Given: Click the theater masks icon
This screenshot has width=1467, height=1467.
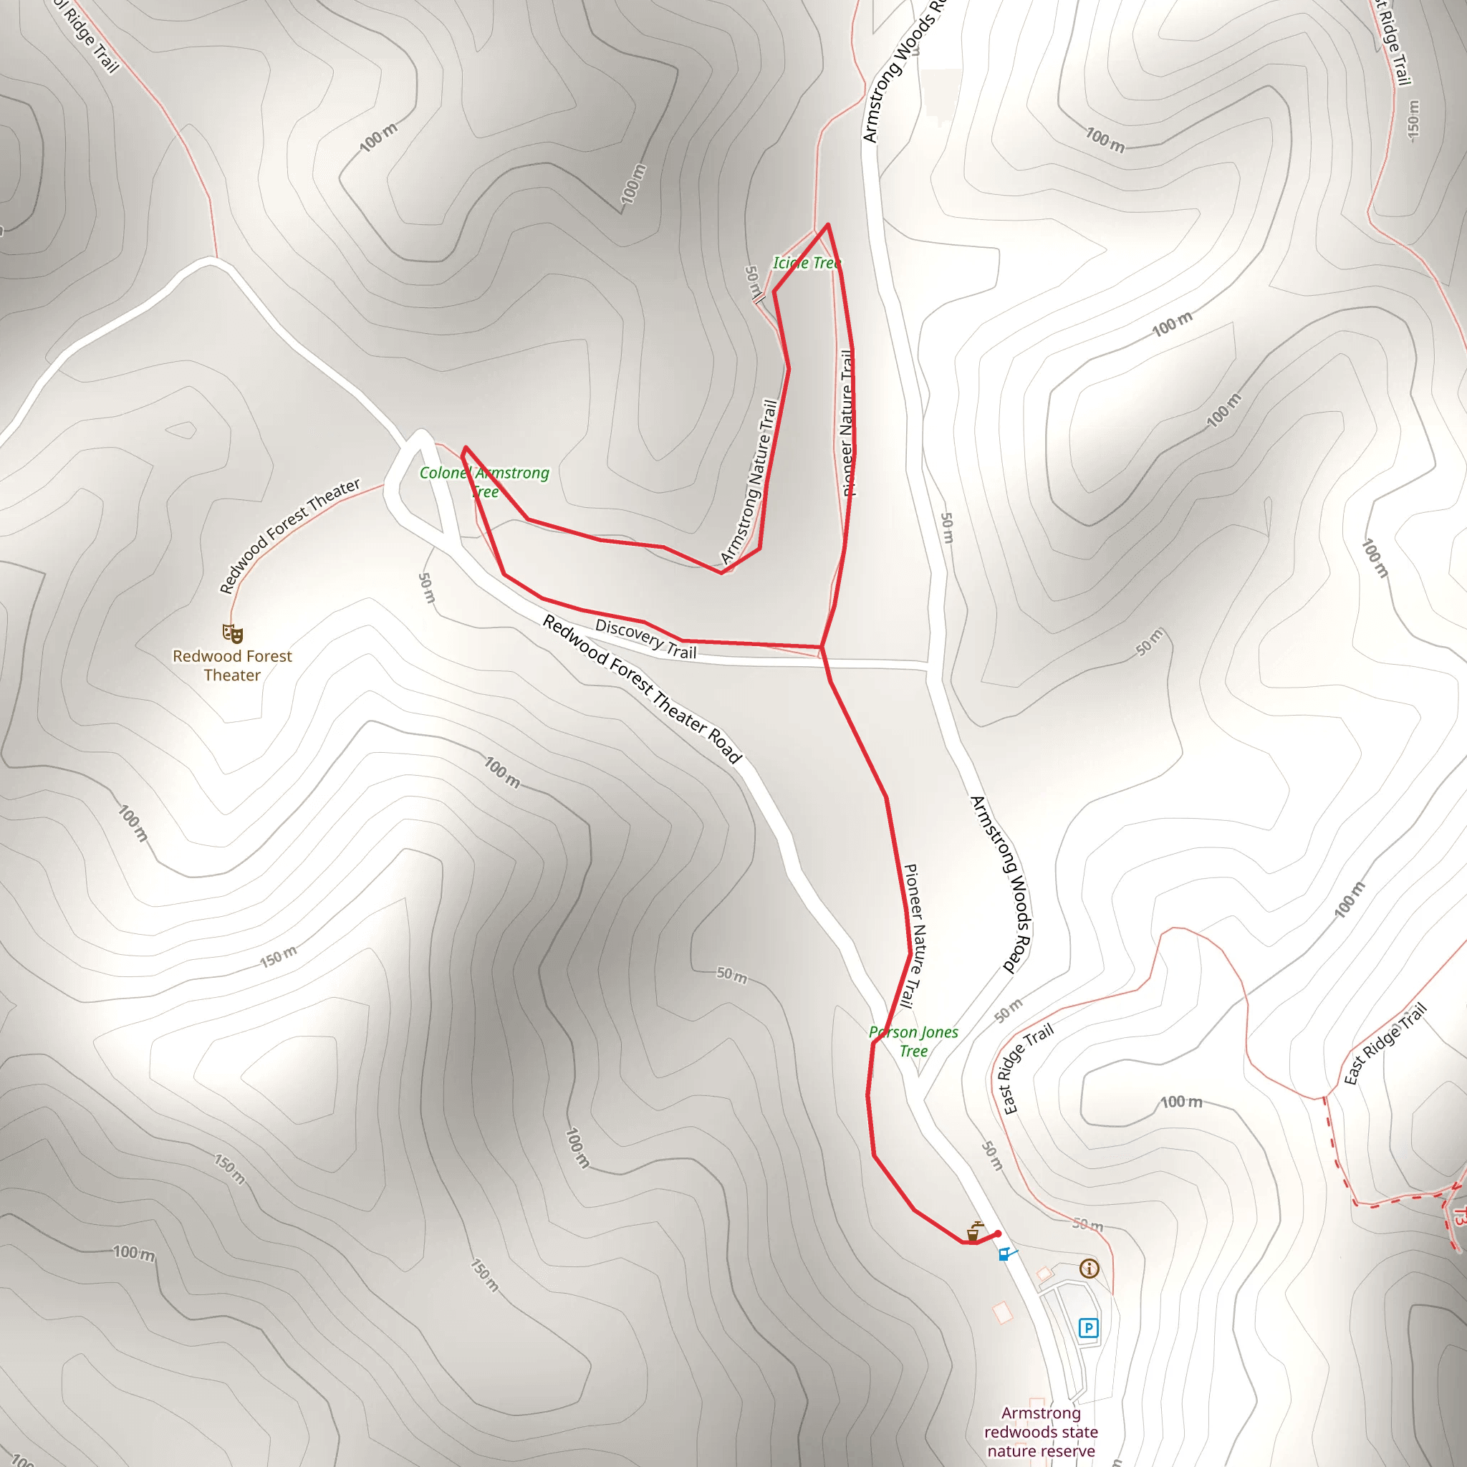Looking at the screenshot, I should click(x=232, y=633).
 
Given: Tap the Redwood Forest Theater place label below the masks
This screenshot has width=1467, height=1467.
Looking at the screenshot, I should click(x=232, y=665).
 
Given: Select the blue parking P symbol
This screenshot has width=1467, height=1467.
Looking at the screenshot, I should click(x=1088, y=1328).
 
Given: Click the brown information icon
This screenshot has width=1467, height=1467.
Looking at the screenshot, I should click(x=1089, y=1268).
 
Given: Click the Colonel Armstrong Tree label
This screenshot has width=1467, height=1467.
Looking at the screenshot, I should click(x=484, y=481).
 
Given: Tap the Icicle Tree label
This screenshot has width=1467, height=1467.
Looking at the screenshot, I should click(x=807, y=263).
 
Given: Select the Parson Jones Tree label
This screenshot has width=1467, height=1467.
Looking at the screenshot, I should click(x=913, y=1041).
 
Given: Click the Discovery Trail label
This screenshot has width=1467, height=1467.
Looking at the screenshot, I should click(x=645, y=638).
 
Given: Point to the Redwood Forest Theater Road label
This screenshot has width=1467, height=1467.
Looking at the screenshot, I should click(x=642, y=688).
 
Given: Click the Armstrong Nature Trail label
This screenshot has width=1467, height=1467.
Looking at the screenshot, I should click(x=749, y=481).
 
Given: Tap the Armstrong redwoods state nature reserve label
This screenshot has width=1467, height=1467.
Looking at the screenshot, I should click(x=1041, y=1431).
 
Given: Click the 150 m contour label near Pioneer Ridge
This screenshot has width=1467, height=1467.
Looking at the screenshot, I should click(x=278, y=958).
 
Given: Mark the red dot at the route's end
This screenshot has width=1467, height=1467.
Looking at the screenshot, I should click(x=998, y=1234).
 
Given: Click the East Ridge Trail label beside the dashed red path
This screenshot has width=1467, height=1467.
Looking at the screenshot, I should click(x=1385, y=1043).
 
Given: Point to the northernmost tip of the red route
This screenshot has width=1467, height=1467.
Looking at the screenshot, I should click(x=827, y=225).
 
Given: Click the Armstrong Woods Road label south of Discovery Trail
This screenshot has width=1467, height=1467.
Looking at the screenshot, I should click(x=1001, y=885).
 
